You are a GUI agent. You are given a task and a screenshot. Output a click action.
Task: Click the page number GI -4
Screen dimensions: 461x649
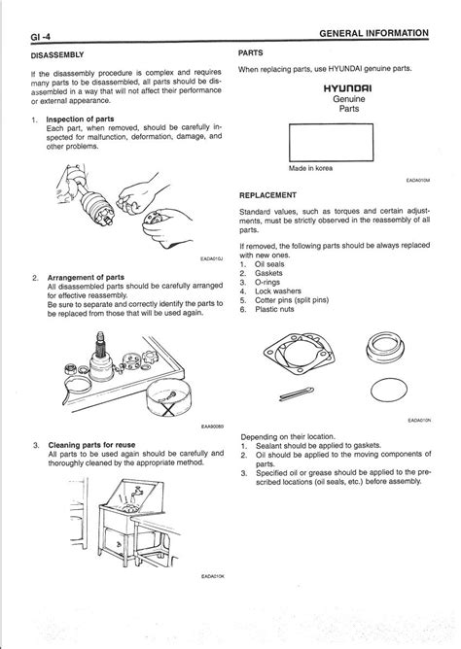coord(41,37)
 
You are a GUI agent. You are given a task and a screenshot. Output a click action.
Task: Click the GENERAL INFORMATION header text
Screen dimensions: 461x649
coord(374,34)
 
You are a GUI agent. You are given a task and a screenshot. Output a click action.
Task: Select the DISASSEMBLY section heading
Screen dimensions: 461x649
coord(57,55)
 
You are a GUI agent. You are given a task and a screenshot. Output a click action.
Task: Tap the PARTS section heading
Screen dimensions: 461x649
coord(251,53)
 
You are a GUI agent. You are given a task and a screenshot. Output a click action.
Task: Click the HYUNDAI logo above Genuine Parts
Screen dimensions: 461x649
coord(348,88)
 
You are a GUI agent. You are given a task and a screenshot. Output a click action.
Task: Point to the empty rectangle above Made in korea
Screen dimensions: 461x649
coord(331,123)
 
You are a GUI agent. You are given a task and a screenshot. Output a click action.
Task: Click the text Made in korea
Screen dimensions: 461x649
coord(310,168)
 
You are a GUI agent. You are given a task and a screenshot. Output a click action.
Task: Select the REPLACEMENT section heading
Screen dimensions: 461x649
coord(268,195)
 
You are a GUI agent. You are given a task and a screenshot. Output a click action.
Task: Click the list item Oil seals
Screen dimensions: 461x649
coord(269,264)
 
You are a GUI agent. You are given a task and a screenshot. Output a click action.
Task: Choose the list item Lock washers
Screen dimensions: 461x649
coord(278,290)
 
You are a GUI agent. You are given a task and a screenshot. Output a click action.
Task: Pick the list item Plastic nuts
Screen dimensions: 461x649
coord(274,309)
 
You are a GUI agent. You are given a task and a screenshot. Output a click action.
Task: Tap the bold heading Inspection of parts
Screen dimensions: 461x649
coord(80,120)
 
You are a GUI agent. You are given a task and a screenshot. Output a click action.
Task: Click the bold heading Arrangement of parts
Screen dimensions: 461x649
coord(86,277)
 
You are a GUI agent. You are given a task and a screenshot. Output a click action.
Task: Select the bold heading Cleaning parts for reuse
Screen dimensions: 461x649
coord(92,445)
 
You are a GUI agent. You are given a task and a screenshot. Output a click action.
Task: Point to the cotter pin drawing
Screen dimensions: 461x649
coord(297,393)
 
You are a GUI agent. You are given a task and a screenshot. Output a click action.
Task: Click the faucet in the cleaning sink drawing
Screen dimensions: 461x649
coord(135,494)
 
